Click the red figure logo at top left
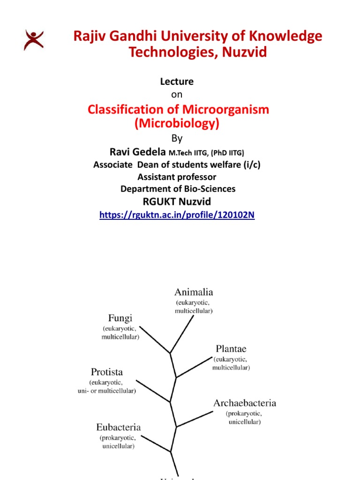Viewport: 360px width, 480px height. tap(34, 39)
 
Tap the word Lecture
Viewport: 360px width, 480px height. tap(177, 82)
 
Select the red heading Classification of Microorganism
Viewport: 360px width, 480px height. tap(179, 110)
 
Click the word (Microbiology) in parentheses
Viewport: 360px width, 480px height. tap(177, 124)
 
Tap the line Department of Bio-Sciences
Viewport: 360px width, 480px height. tap(178, 189)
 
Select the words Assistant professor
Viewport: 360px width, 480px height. tap(177, 177)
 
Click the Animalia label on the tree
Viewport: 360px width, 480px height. tap(194, 291)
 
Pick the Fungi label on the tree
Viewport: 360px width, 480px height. tap(120, 317)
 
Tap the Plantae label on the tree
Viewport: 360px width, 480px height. tap(231, 349)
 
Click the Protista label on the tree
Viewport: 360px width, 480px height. tap(106, 372)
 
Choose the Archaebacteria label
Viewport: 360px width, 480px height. tap(244, 403)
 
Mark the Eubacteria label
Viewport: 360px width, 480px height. tap(118, 427)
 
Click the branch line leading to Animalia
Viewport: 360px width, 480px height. tap(183, 333)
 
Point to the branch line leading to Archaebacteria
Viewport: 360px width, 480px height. tap(195, 419)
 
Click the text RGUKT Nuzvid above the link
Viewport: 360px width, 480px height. tap(177, 202)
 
